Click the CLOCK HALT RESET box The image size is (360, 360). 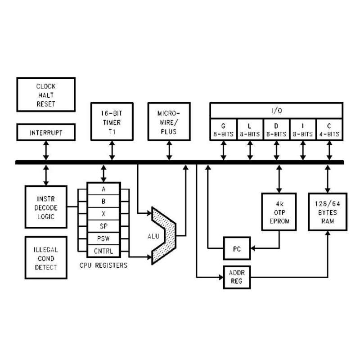click(45, 94)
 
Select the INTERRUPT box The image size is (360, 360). click(45, 133)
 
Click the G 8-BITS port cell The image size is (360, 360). click(223, 130)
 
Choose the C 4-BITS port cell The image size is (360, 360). click(329, 130)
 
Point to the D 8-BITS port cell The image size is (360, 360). click(276, 130)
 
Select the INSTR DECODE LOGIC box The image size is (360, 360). click(45, 207)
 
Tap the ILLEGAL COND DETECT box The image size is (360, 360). click(45, 258)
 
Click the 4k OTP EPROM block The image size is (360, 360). click(280, 212)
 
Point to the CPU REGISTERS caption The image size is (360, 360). click(103, 265)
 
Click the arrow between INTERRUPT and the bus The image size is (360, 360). click(45, 150)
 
